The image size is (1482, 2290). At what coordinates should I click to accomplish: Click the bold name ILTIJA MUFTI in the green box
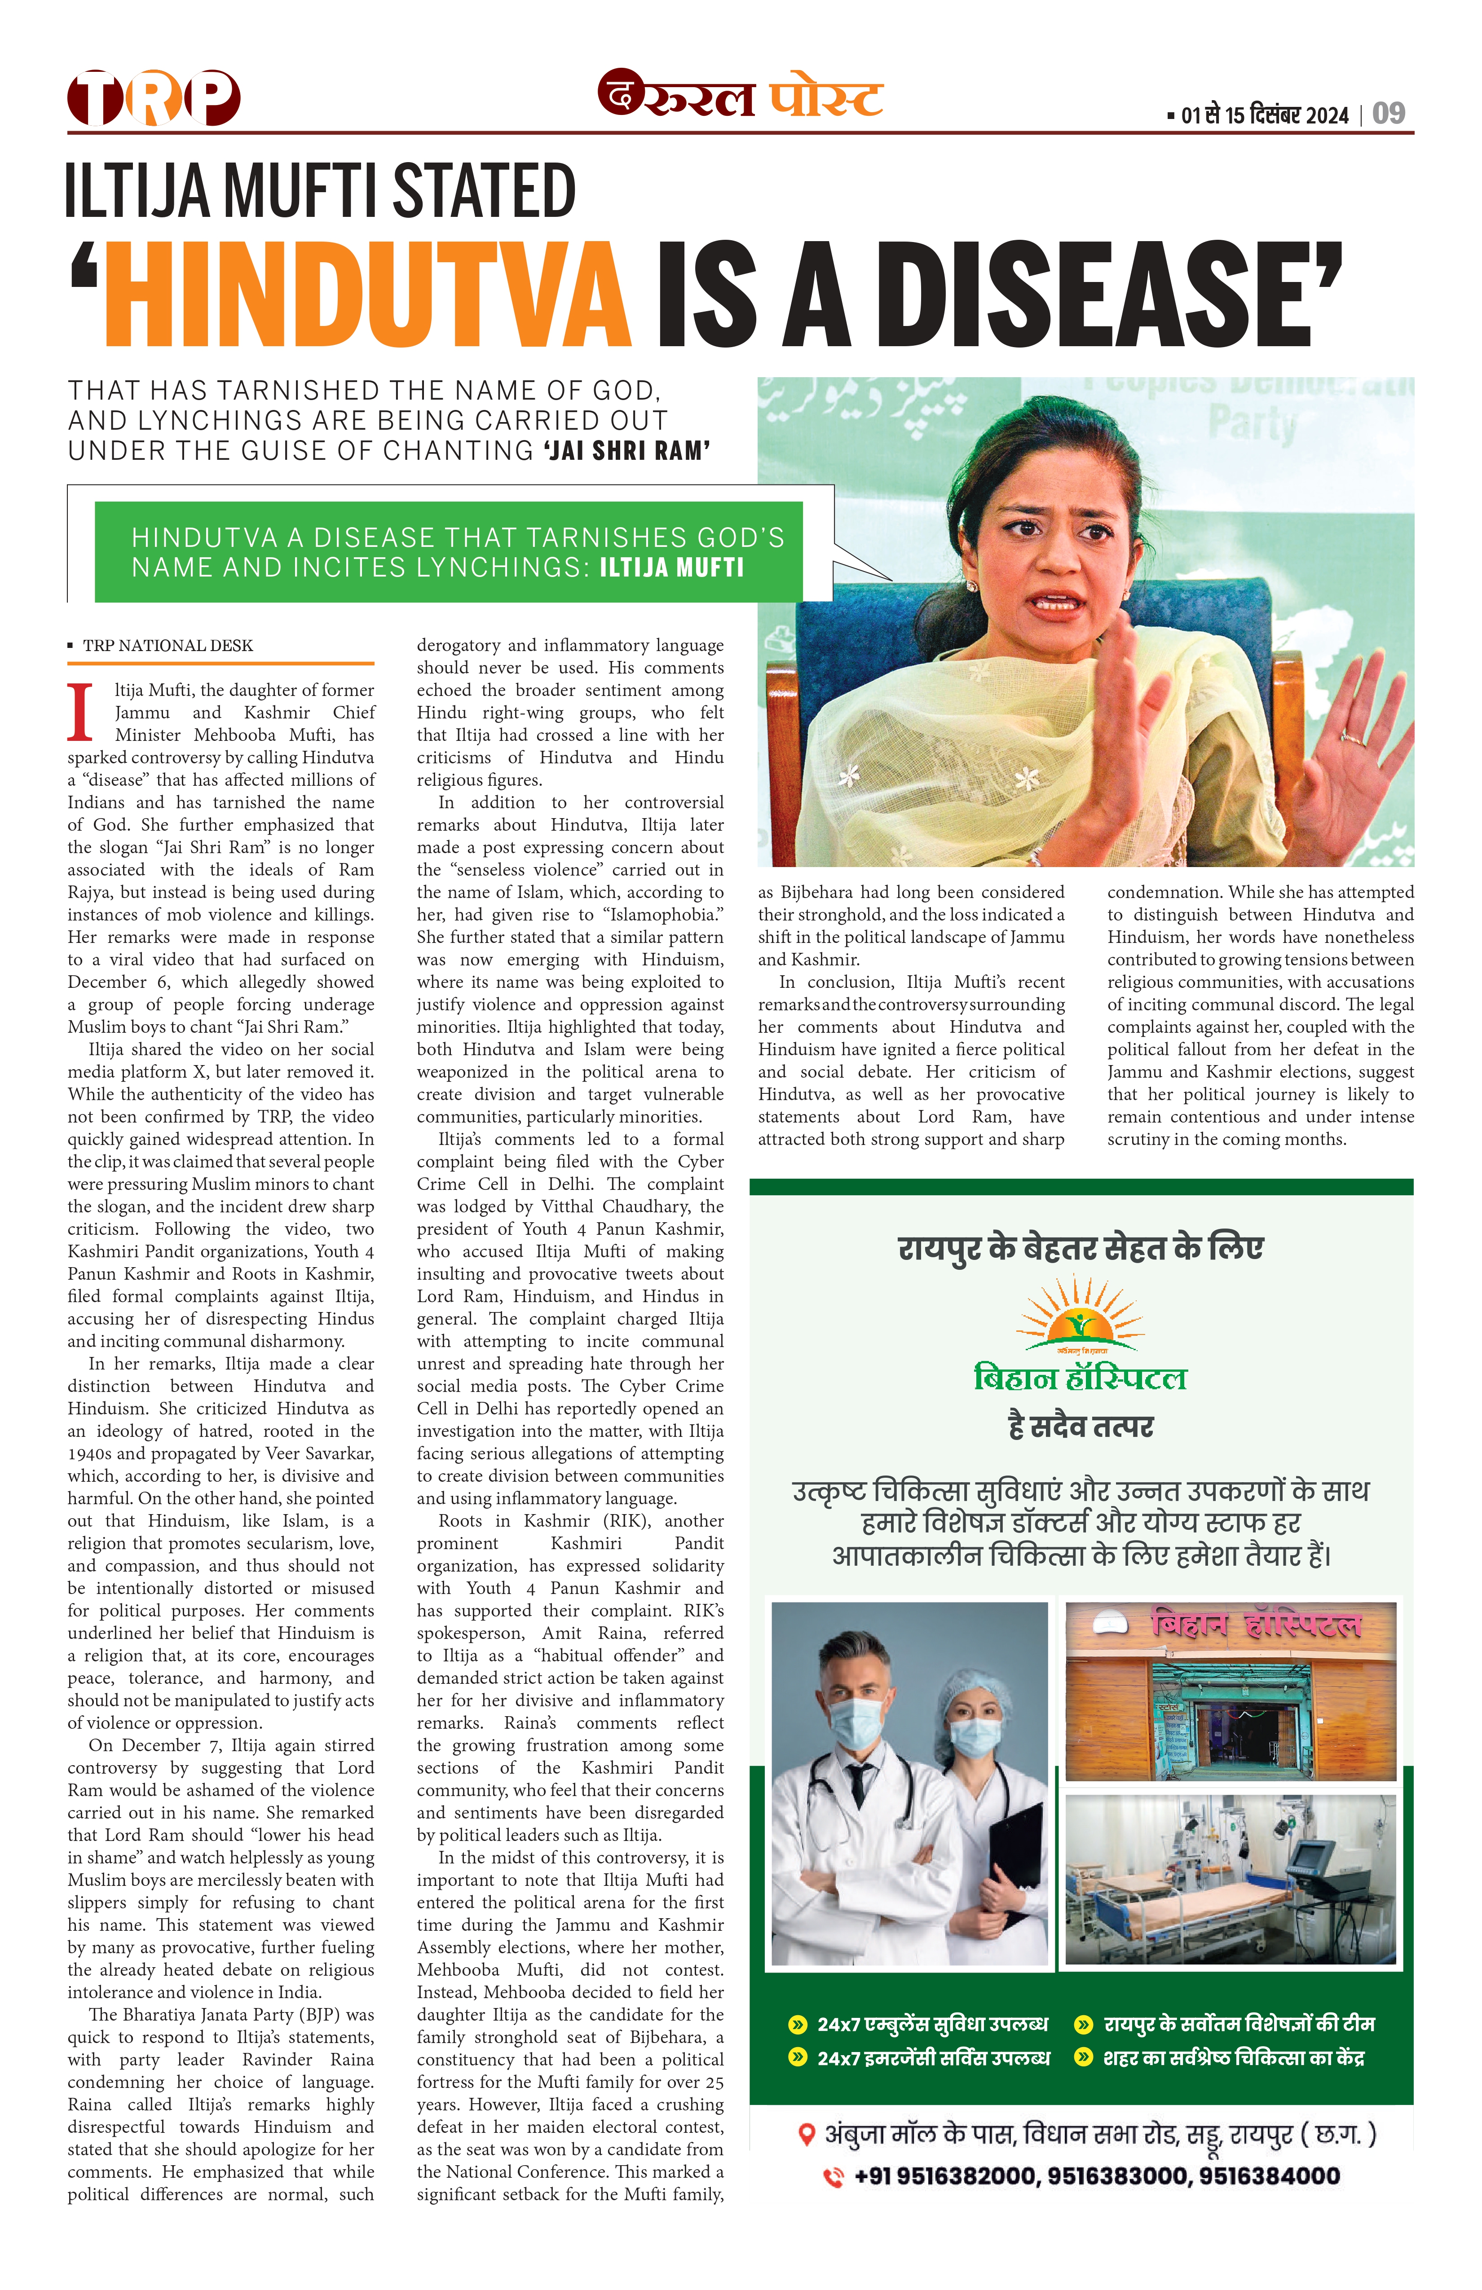tap(672, 568)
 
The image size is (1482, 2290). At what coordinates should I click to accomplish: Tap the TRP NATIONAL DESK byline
tap(168, 646)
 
